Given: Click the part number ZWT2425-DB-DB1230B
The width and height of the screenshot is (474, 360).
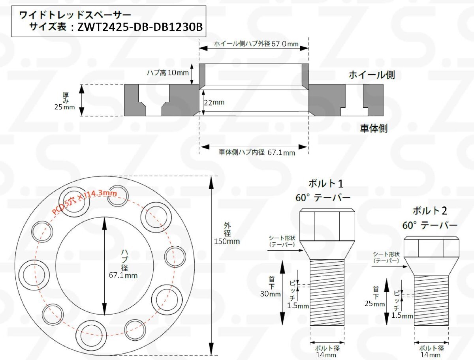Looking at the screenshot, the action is (140, 27).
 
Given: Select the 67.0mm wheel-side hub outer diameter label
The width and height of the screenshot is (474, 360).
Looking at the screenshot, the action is (256, 44).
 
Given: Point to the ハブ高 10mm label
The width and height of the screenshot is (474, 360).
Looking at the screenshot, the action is (168, 73).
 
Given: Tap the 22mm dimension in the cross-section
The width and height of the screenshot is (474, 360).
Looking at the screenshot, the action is (214, 102).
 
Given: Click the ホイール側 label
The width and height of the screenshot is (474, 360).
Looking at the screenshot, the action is (372, 75).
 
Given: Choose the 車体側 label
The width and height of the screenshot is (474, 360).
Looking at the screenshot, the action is (374, 128).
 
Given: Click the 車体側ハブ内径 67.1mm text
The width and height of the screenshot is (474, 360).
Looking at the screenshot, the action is (257, 152).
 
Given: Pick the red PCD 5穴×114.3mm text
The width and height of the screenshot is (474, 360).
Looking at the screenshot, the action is (84, 202).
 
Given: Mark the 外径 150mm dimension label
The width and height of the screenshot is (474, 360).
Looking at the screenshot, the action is (227, 233).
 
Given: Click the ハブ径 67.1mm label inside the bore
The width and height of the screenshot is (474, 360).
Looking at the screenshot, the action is (123, 263).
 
